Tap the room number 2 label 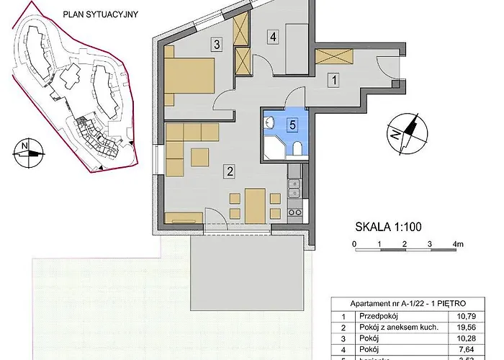(229, 171)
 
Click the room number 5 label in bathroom (292, 123)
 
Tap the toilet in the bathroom (297, 149)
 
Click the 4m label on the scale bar (456, 245)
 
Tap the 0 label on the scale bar (354, 245)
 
